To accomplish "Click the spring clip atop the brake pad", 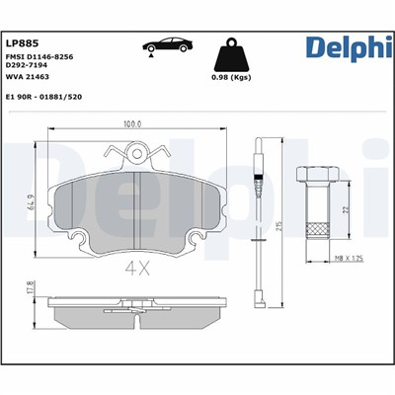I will [x=143, y=151].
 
